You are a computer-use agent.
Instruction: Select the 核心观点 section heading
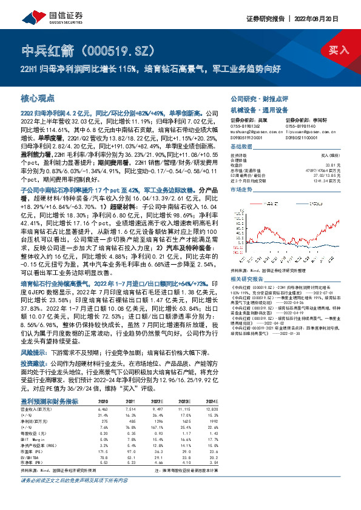(38, 98)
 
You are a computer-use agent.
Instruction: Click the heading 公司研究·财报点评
(254, 98)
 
